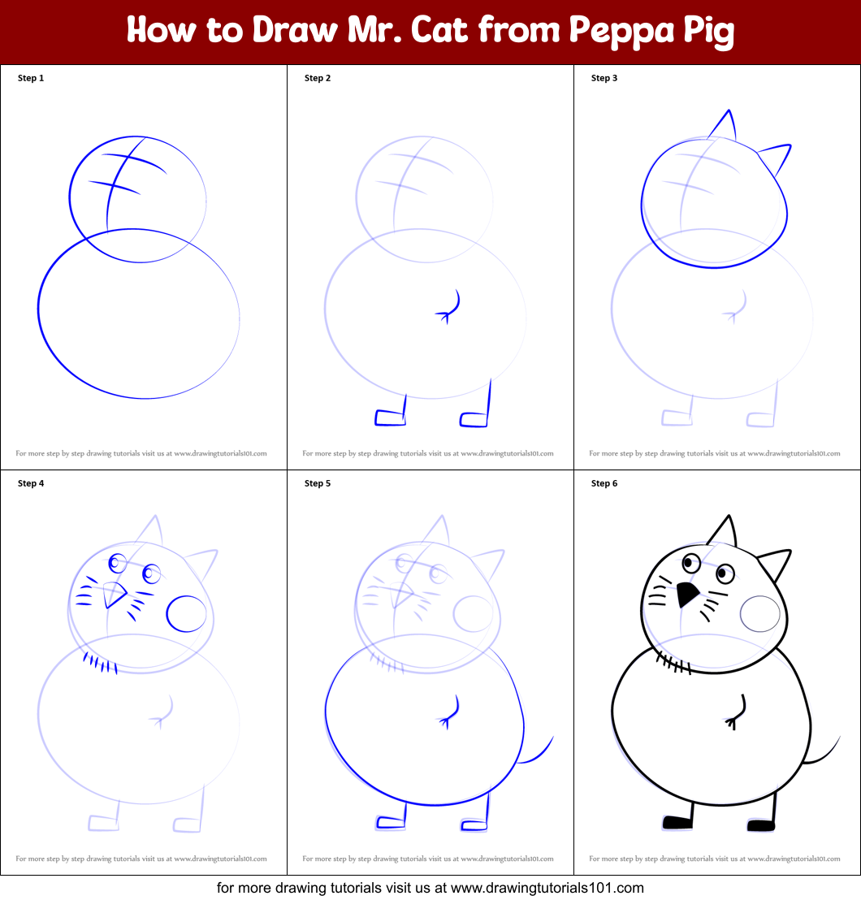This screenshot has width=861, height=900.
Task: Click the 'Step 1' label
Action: [31, 79]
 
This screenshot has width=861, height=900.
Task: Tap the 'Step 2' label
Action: [318, 79]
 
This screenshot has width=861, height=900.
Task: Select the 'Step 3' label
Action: [604, 79]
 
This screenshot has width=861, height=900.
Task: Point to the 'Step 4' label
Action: [31, 484]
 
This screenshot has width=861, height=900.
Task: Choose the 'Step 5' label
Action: [318, 484]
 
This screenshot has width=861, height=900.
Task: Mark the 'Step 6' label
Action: [604, 484]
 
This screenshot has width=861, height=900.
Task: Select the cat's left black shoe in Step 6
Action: [677, 823]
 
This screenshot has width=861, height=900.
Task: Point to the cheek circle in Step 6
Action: [761, 614]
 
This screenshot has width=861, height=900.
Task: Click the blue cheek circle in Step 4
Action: [187, 614]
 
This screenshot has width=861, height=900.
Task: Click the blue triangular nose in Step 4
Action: [115, 596]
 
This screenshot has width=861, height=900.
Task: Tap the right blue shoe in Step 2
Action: [474, 419]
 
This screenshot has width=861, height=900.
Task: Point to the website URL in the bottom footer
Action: [547, 888]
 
